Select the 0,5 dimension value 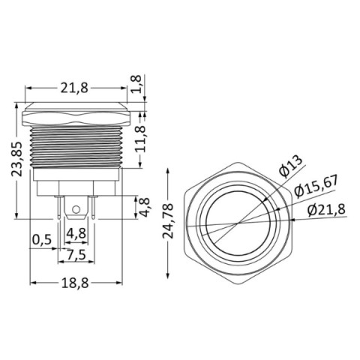point(42,240)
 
